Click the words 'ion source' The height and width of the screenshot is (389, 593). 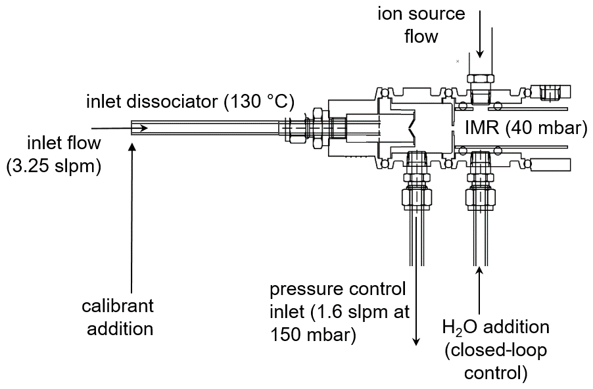tap(421, 14)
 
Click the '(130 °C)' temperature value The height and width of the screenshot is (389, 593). tap(260, 102)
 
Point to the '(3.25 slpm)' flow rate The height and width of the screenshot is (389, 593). tap(54, 166)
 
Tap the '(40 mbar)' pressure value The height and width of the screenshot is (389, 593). tap(546, 128)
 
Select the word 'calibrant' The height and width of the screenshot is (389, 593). tap(118, 306)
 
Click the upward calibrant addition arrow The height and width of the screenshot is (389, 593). tap(132, 217)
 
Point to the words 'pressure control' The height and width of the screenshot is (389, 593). tap(338, 290)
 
